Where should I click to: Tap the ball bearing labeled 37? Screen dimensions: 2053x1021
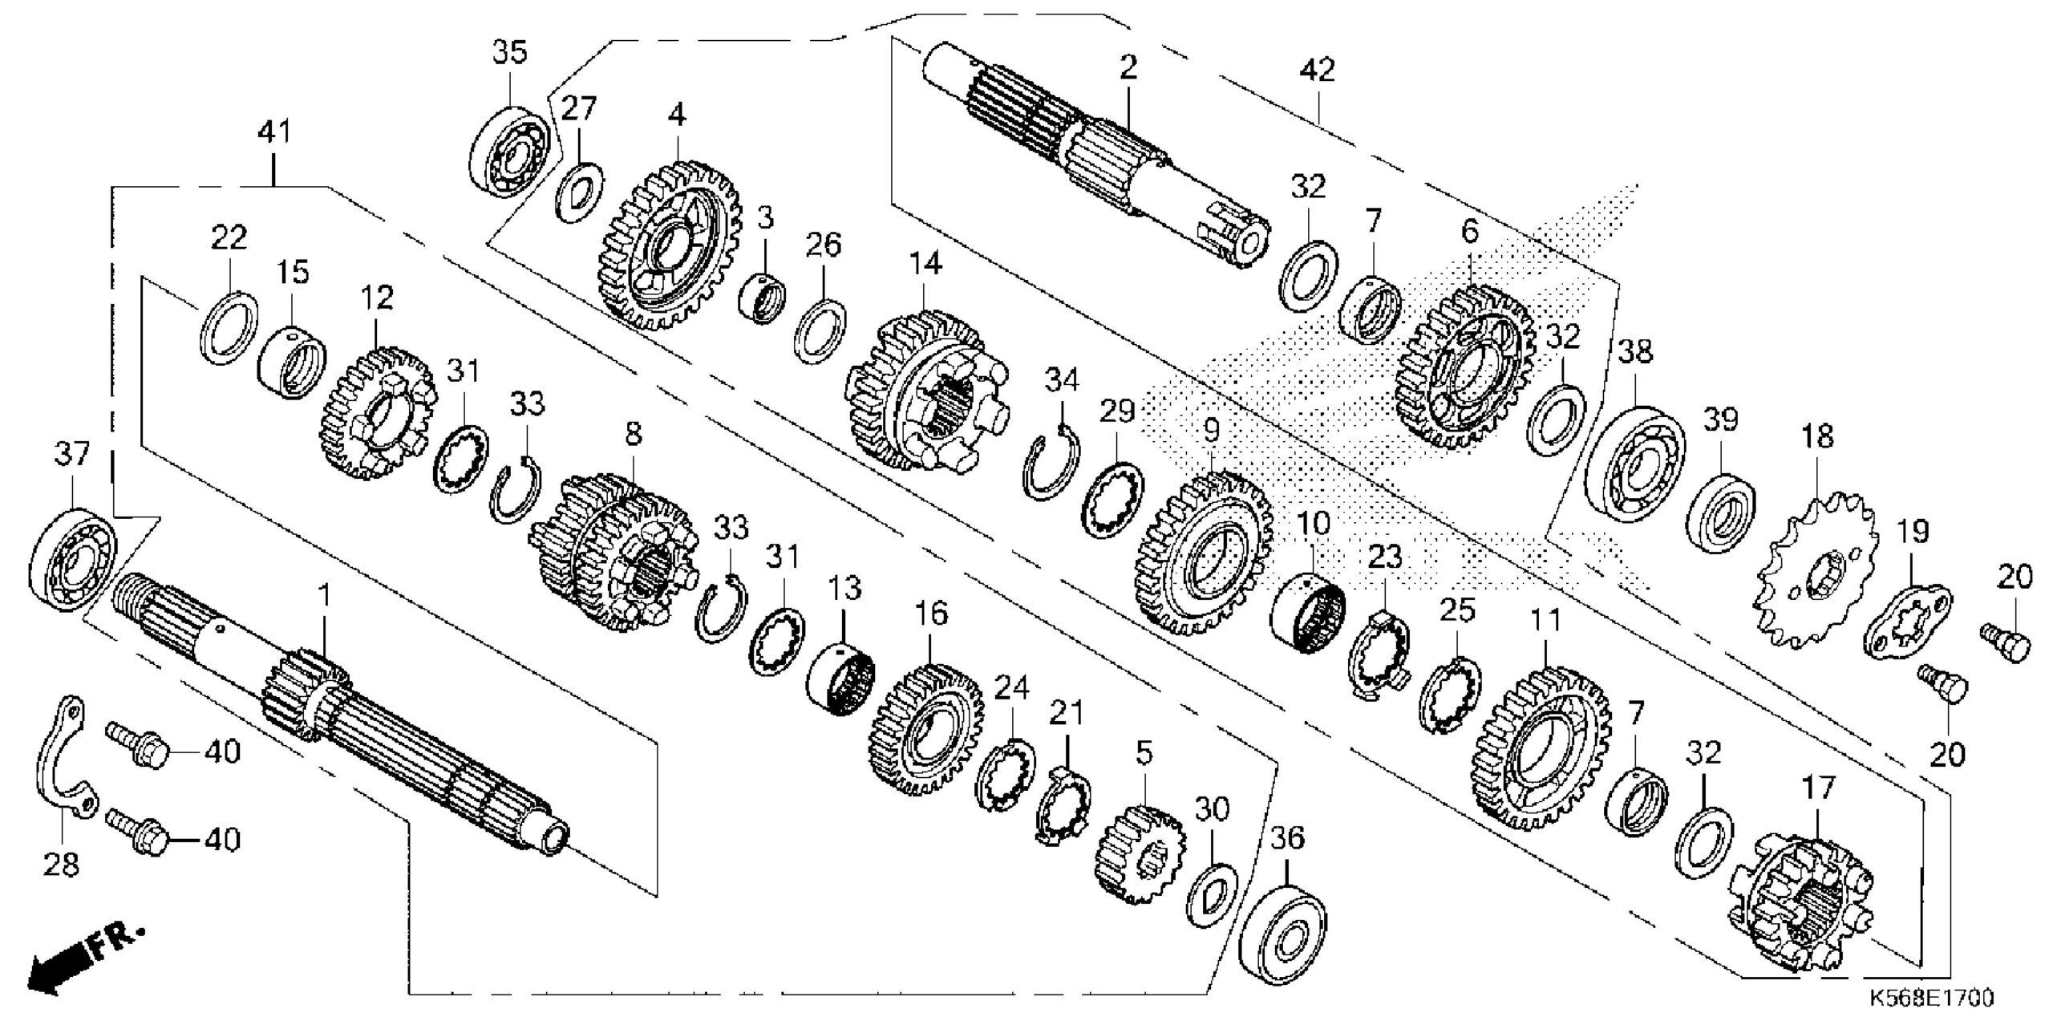73,561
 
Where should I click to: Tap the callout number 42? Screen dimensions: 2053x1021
1317,71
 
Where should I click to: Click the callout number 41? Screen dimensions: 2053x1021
273,132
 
